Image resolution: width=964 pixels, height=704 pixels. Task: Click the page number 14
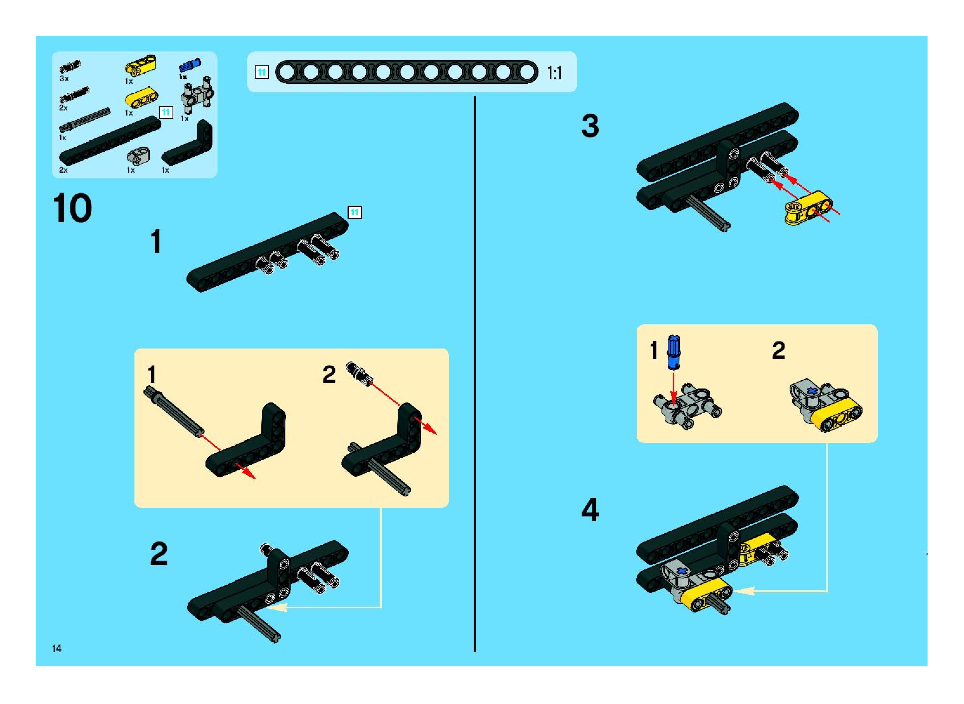coord(57,648)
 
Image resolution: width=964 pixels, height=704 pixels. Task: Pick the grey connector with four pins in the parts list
coord(198,96)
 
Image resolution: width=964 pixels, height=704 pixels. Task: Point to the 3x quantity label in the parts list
coord(64,79)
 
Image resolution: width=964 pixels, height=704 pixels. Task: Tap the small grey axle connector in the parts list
coord(138,156)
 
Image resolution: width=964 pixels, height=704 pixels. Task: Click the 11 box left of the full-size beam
coord(261,72)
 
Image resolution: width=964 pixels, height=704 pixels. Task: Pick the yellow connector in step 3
coord(808,208)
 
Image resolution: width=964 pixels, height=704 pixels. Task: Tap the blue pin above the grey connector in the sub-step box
coord(673,352)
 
